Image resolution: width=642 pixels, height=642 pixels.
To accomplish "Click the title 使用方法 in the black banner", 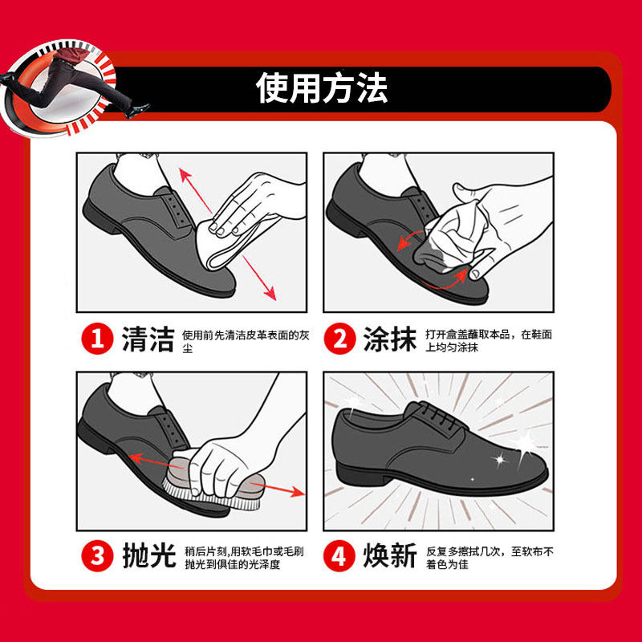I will pyautogui.click(x=321, y=87).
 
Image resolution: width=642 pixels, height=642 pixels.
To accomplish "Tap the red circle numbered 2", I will pyautogui.click(x=339, y=340).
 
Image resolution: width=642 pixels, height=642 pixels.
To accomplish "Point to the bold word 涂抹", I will pyautogui.click(x=390, y=340).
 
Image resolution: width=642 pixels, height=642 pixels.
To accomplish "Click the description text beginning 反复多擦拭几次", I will pyautogui.click(x=486, y=558).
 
